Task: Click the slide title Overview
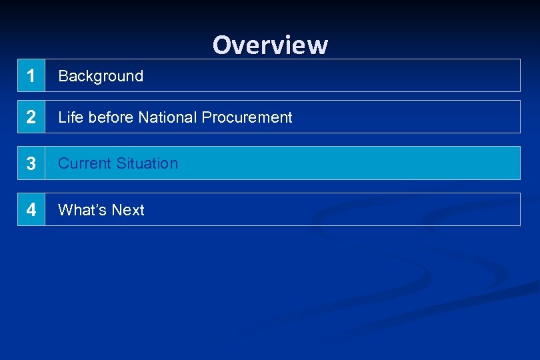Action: [270, 45]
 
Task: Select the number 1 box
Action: [31, 76]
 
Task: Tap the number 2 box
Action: [31, 117]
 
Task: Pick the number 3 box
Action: [31, 163]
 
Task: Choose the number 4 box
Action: [31, 210]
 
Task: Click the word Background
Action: [101, 76]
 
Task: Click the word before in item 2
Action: [111, 117]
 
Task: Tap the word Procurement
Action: [247, 118]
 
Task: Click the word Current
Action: [85, 163]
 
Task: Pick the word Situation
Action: [147, 163]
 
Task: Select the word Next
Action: [128, 210]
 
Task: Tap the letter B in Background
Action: [63, 76]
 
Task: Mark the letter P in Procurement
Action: [207, 117]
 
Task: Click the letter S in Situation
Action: [121, 163]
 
